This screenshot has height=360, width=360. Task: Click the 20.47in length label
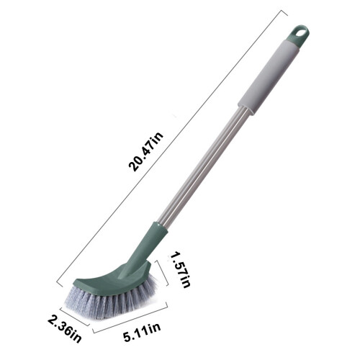tap(145, 152)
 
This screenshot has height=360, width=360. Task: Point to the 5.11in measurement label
tap(142, 332)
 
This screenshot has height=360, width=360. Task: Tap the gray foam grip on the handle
tap(269, 77)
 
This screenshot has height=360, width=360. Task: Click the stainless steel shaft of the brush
tap(204, 166)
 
